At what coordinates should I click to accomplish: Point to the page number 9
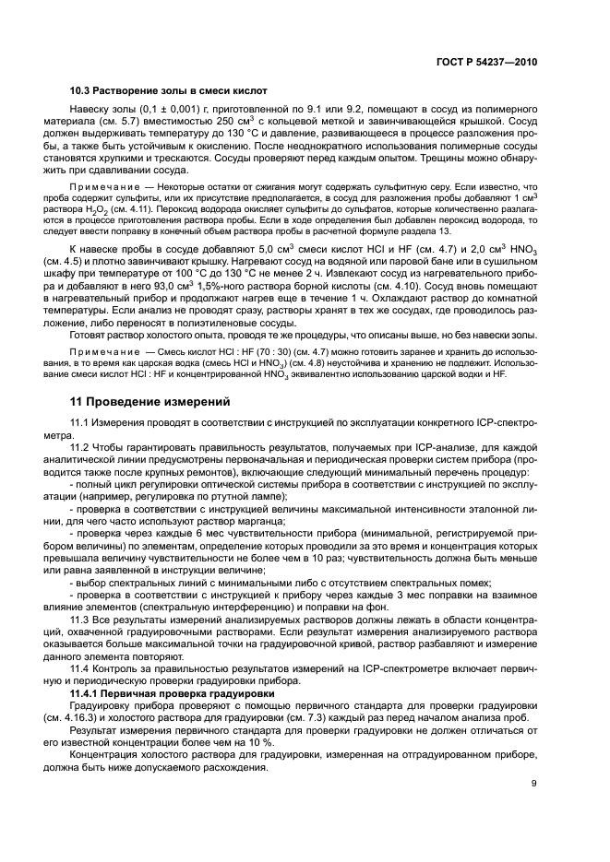(x=534, y=784)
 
